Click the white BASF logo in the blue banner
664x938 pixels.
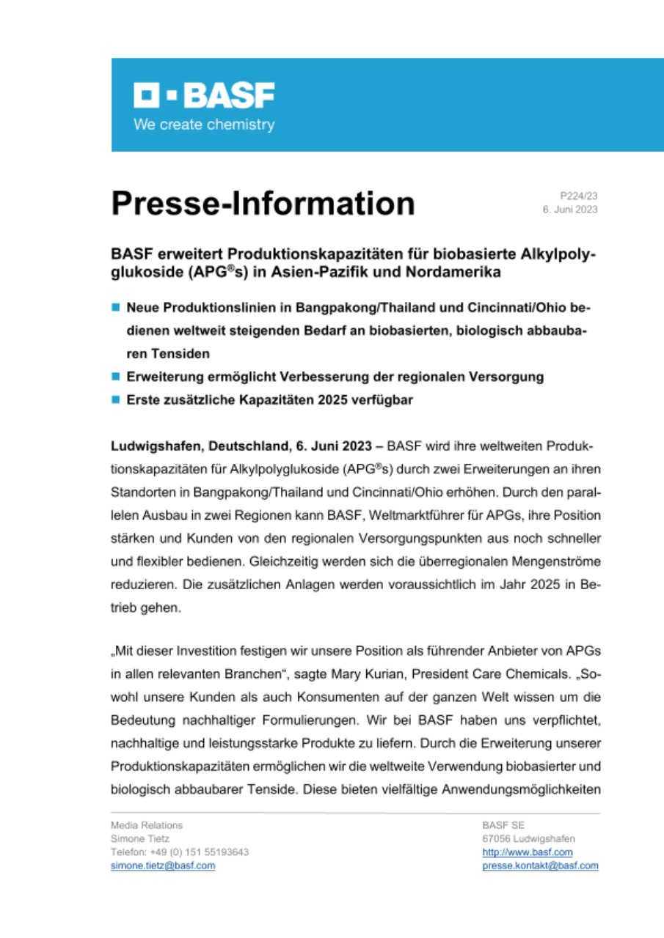pos(203,96)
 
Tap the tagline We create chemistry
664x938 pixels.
pos(203,125)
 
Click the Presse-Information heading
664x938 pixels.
pos(263,203)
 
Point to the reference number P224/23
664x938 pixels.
pos(579,196)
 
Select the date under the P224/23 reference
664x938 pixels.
pos(569,210)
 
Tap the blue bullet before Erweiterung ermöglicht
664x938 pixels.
pos(116,377)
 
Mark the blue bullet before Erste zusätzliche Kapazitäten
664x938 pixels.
pos(116,400)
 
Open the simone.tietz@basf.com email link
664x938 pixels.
pos(162,865)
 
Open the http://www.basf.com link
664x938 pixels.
pos(527,852)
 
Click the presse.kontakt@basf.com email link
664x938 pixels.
pos(540,865)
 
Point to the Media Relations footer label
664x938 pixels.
pos(147,825)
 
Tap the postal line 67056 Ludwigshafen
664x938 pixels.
pos(528,838)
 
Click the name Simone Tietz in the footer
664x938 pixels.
pos(139,838)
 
